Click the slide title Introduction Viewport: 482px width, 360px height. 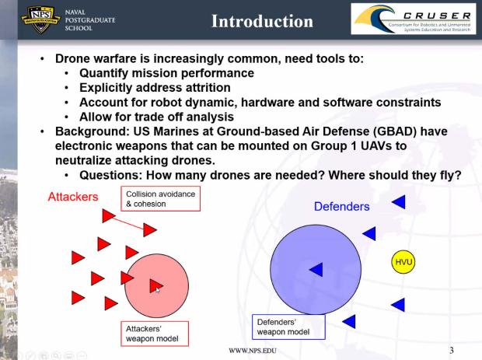(x=262, y=21)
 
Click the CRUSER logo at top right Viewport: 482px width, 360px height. (x=414, y=19)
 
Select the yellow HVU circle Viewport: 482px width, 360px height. (x=402, y=262)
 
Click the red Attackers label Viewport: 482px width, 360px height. (x=73, y=197)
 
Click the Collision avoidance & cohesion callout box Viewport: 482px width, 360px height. (x=160, y=198)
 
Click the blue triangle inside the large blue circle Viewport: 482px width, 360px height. (x=316, y=269)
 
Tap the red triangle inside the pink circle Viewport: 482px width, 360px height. (x=155, y=285)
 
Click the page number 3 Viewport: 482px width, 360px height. (x=451, y=349)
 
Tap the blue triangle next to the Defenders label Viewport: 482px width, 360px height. (x=398, y=202)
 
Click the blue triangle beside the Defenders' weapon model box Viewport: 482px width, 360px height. (x=349, y=320)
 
